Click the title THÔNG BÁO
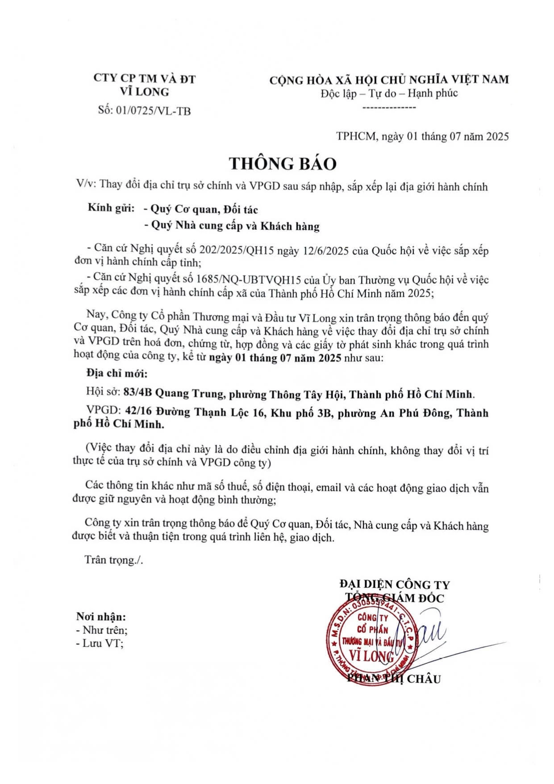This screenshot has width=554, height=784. click(283, 164)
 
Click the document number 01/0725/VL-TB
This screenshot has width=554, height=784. click(153, 111)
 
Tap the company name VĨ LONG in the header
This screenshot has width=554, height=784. click(145, 92)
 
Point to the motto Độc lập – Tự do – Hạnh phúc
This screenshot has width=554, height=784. click(389, 93)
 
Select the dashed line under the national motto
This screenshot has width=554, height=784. click(389, 108)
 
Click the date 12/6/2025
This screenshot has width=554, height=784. click(325, 250)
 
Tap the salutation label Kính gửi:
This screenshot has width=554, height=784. click(111, 208)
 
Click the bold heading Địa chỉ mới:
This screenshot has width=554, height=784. click(117, 374)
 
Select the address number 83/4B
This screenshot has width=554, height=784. click(137, 393)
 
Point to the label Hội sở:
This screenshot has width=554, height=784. click(103, 392)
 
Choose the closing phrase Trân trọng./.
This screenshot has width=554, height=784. click(114, 560)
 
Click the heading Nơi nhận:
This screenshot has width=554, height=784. click(101, 617)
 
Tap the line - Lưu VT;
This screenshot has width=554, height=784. click(100, 644)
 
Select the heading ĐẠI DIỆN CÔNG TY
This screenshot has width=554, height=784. click(394, 584)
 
